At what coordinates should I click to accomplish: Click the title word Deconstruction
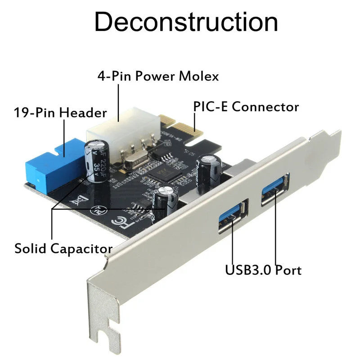[x=186, y=22]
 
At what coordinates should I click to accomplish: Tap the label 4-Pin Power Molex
[x=158, y=76]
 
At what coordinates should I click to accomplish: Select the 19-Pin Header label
[x=60, y=112]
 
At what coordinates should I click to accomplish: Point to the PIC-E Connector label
[x=246, y=107]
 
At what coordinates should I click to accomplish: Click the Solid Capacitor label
[x=63, y=248]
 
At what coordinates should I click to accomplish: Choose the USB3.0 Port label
[x=263, y=270]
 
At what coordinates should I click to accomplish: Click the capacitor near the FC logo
[x=166, y=202]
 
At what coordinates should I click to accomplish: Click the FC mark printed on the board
[x=122, y=222]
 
